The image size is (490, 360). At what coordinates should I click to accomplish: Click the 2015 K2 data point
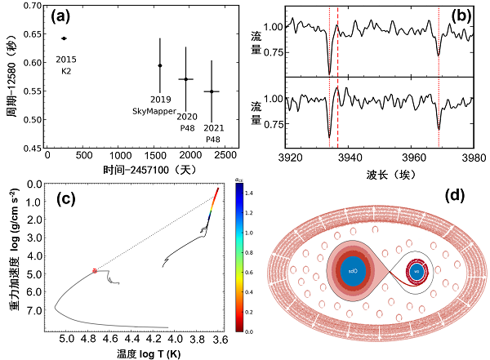pyautogui.click(x=64, y=38)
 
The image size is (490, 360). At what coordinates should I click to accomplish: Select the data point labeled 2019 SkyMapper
pyautogui.click(x=160, y=65)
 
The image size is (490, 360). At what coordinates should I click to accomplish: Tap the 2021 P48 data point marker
pyautogui.click(x=212, y=91)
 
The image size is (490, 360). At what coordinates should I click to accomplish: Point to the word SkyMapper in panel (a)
pyautogui.click(x=154, y=110)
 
